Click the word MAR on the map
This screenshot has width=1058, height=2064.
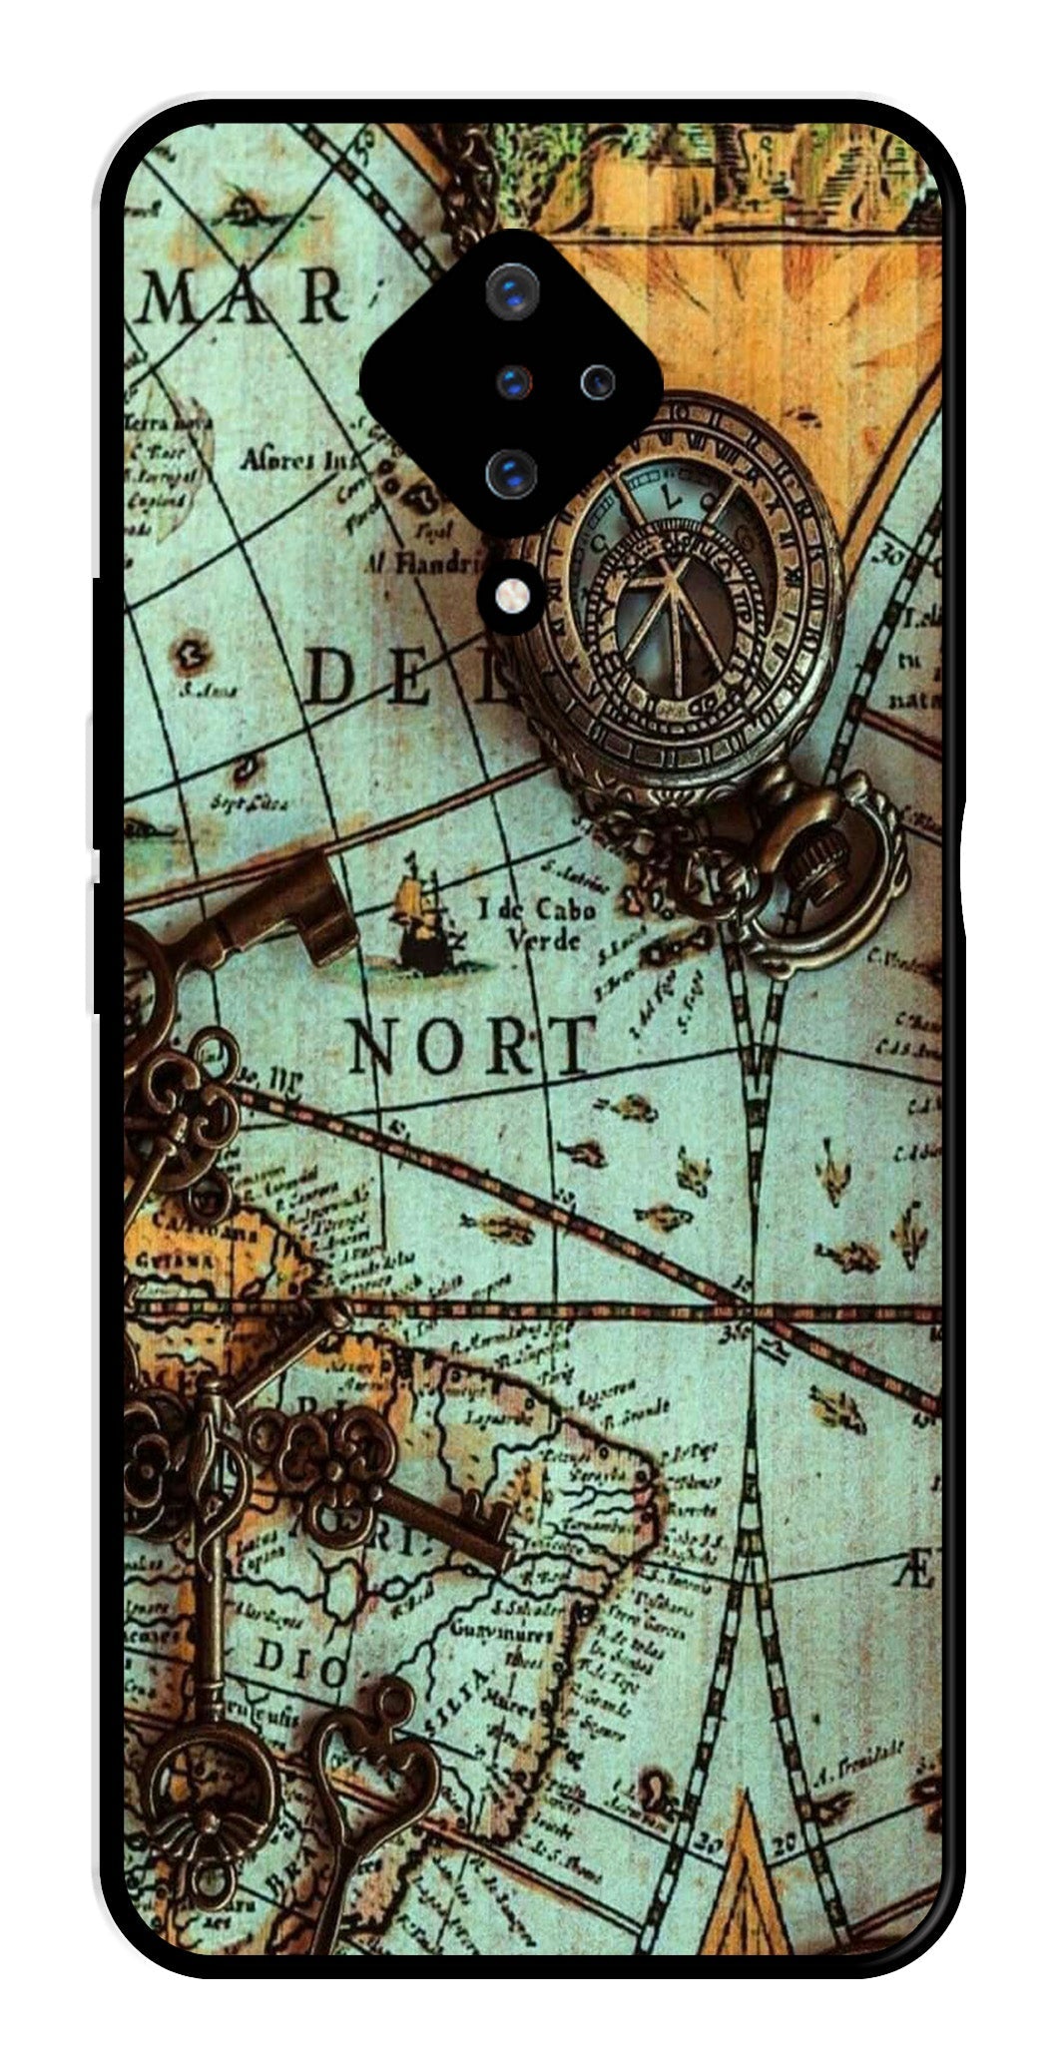click(245, 295)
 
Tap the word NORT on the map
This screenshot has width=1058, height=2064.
click(471, 1047)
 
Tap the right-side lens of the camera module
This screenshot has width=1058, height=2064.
click(598, 380)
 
